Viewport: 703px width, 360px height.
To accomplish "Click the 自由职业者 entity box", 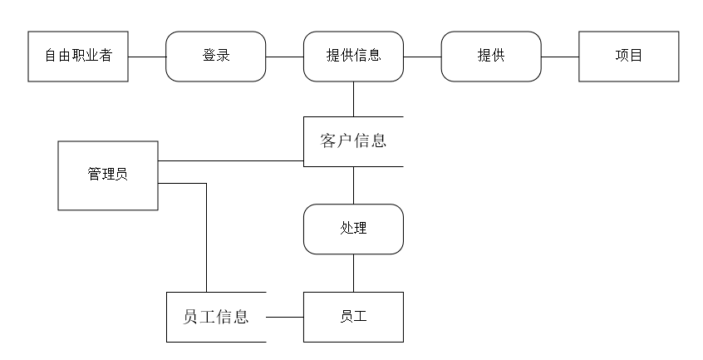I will (78, 57).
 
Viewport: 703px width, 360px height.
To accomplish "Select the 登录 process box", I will (216, 57).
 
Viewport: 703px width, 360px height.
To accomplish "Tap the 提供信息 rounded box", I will (353, 57).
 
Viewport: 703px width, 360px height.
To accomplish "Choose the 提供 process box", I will (490, 57).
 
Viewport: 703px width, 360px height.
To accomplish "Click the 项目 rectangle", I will (628, 57).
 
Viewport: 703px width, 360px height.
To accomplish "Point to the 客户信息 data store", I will (353, 141).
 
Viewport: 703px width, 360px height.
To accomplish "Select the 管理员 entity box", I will (107, 175).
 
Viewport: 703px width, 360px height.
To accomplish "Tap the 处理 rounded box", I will (353, 229).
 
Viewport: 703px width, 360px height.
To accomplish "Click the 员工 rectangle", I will (353, 317).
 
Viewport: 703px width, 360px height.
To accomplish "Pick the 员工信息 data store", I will (216, 317).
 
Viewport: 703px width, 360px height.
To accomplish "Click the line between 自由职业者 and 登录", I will (147, 57).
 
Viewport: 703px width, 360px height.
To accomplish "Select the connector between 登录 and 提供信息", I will (284, 57).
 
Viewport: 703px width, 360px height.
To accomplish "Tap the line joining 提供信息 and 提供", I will (421, 57).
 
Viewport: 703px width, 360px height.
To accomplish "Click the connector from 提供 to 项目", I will (559, 57).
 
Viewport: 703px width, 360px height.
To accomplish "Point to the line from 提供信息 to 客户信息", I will (353, 99).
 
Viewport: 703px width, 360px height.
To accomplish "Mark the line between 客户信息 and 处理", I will (353, 185).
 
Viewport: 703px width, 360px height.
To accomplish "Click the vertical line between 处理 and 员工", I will (353, 273).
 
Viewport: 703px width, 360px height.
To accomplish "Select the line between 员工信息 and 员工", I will (284, 317).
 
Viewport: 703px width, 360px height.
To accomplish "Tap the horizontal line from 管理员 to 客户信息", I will (230, 160).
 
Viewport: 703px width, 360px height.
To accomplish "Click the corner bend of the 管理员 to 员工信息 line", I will (205, 182).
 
